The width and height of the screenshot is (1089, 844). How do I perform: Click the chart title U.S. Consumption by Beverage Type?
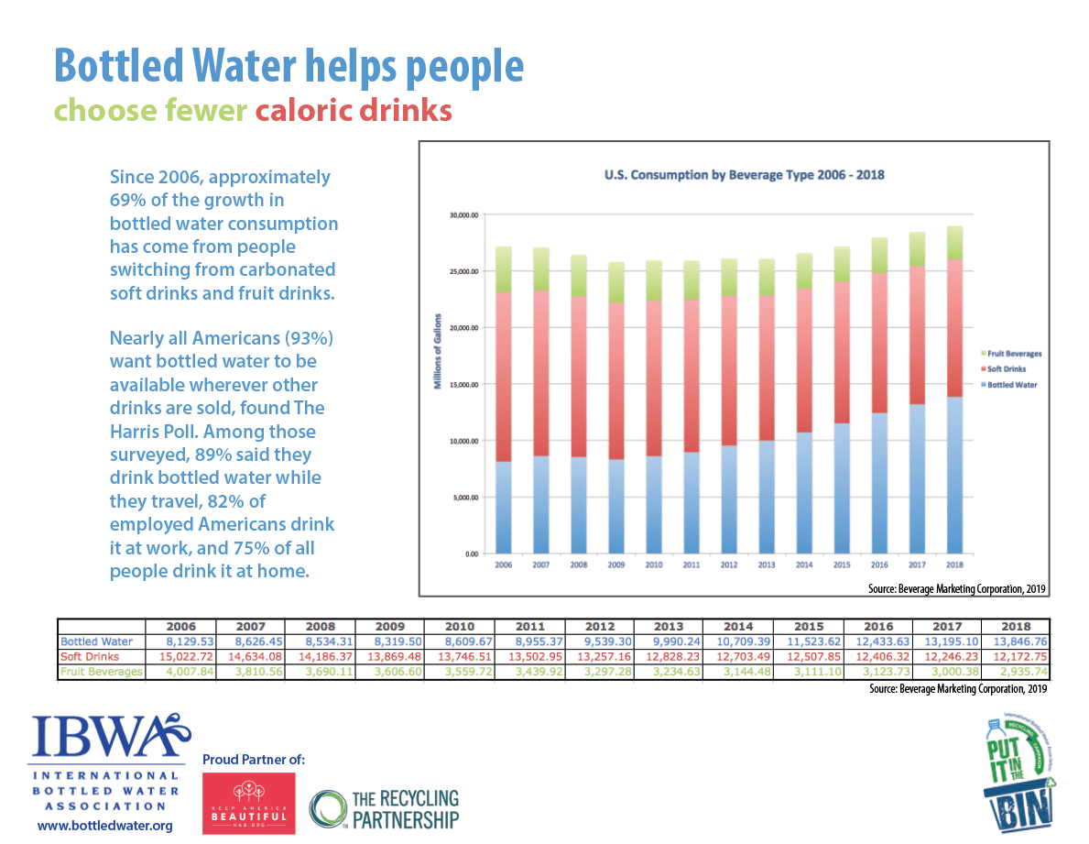click(x=743, y=174)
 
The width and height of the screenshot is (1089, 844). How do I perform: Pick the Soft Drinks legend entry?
click(x=1007, y=368)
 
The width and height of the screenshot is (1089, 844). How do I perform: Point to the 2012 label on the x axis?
click(x=729, y=565)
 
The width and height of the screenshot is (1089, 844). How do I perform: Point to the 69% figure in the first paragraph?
click(x=129, y=199)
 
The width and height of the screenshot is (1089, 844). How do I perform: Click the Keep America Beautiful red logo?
click(x=248, y=802)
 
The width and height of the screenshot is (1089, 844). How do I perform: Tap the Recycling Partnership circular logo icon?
click(x=327, y=807)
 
